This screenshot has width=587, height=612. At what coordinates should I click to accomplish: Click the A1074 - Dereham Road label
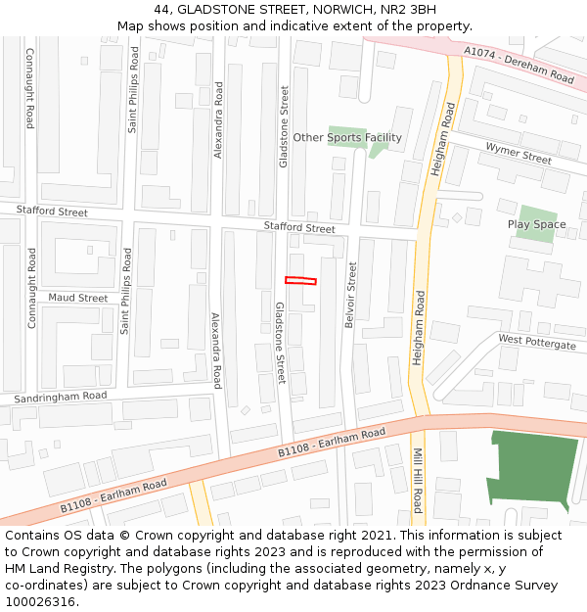click(x=519, y=64)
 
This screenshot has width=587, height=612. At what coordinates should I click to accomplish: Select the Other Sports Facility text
click(x=347, y=138)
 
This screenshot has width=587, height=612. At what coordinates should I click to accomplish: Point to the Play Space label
click(x=536, y=224)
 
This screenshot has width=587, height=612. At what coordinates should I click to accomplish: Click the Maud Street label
click(x=78, y=298)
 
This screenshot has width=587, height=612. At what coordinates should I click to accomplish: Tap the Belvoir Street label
click(x=350, y=294)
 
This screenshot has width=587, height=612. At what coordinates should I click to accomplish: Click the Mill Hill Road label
click(x=418, y=481)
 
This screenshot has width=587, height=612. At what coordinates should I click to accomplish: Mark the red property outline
click(x=300, y=281)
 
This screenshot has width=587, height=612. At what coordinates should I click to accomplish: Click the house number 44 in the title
click(x=161, y=9)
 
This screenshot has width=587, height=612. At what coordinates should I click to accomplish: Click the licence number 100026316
click(x=39, y=602)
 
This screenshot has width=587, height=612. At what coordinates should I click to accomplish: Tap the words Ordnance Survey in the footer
click(x=507, y=586)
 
